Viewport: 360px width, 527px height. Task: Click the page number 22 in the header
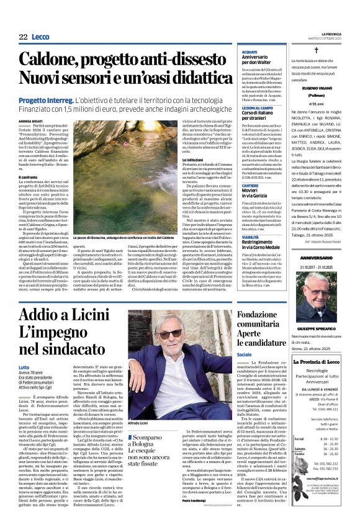point(24,37)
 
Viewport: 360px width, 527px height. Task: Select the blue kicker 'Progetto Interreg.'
point(45,99)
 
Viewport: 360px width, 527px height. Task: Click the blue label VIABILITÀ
point(250,237)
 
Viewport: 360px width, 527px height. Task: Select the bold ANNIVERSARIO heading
point(317,258)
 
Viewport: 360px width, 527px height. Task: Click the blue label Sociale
point(244,354)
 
